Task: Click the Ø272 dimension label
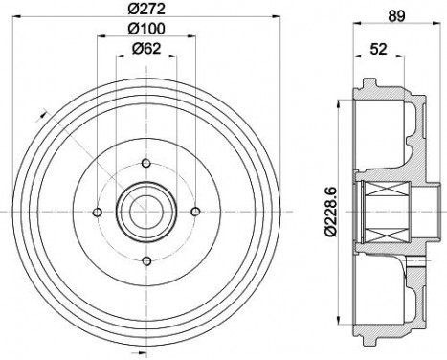(x=146, y=9)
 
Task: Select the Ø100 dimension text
(x=146, y=29)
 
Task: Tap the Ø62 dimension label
(x=146, y=49)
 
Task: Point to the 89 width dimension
(x=396, y=16)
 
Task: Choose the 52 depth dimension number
(x=378, y=49)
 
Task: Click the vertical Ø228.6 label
(x=331, y=212)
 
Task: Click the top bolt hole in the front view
(x=146, y=164)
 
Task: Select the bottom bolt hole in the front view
(x=146, y=261)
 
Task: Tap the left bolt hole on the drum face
(x=97, y=212)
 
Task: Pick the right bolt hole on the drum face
(x=195, y=212)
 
